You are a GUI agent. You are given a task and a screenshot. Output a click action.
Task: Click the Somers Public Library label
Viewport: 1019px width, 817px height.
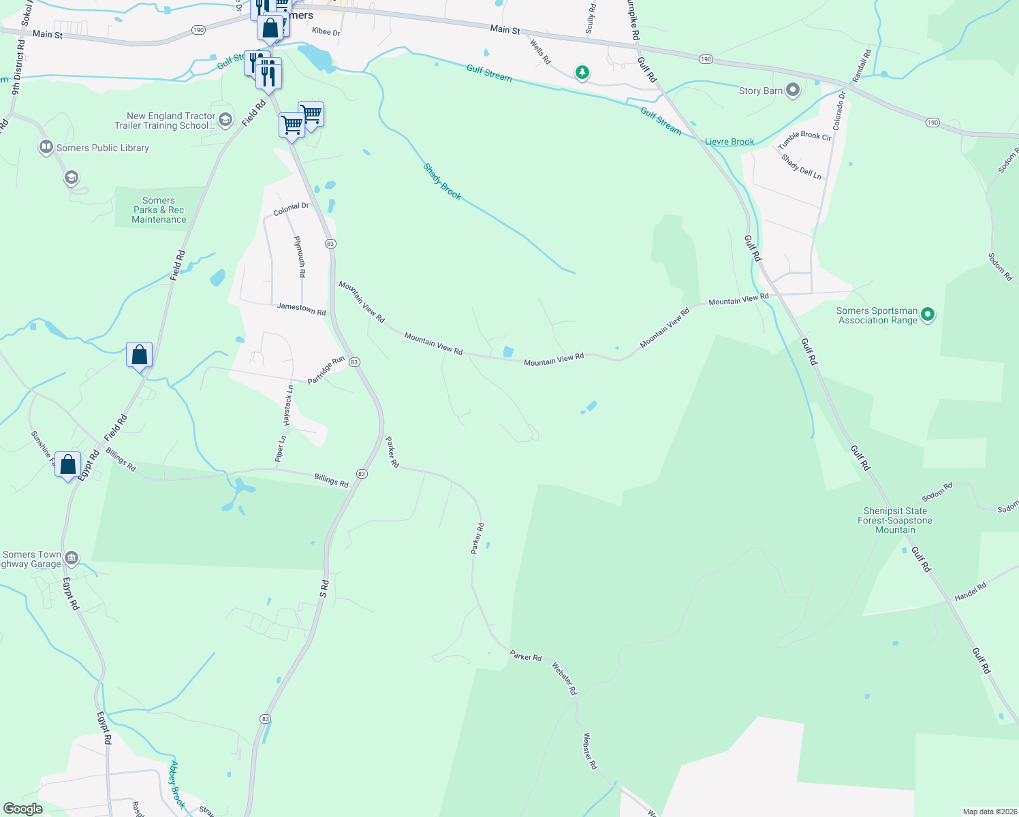(x=102, y=148)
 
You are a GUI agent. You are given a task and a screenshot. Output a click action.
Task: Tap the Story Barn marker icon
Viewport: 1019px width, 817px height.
(x=793, y=90)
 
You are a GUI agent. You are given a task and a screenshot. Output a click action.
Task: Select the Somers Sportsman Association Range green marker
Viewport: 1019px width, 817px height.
(x=927, y=315)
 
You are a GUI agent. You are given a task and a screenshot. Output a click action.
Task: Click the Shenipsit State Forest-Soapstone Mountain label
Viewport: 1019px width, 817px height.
(x=895, y=520)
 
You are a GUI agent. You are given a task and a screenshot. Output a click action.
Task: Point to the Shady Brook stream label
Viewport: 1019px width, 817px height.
(x=442, y=182)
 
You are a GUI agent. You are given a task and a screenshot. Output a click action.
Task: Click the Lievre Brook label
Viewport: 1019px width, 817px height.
(x=730, y=142)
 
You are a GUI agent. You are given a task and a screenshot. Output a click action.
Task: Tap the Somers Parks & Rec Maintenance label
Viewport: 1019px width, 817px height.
(x=159, y=210)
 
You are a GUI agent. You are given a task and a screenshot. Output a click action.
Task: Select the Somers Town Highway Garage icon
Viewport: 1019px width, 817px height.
(x=72, y=559)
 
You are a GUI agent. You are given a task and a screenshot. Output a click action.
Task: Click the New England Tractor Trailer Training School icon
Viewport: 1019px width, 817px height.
(x=225, y=121)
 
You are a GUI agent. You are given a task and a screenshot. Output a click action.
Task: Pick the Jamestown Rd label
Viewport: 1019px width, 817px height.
(x=301, y=308)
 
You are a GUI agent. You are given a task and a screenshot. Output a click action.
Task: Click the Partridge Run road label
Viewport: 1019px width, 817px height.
(x=326, y=370)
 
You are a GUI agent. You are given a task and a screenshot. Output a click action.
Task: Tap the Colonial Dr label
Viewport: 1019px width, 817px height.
(x=291, y=209)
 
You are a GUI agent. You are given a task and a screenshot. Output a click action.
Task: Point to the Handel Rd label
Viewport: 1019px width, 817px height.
(x=970, y=592)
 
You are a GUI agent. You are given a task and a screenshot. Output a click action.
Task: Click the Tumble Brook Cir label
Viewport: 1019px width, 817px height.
(x=804, y=140)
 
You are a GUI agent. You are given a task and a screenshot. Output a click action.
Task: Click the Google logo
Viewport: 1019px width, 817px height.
(x=22, y=809)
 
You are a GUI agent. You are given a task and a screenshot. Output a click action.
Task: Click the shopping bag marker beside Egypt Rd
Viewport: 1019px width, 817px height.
(x=67, y=466)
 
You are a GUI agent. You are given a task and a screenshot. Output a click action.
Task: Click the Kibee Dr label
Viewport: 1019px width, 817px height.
(x=326, y=32)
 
